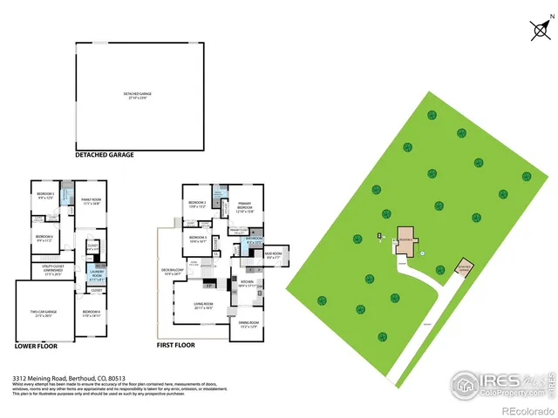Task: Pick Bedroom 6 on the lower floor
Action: (x=44, y=237)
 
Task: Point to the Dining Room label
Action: (x=249, y=325)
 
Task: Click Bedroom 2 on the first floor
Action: (x=197, y=205)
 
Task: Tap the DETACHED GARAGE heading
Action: (x=105, y=154)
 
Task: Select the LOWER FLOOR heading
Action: (x=37, y=346)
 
